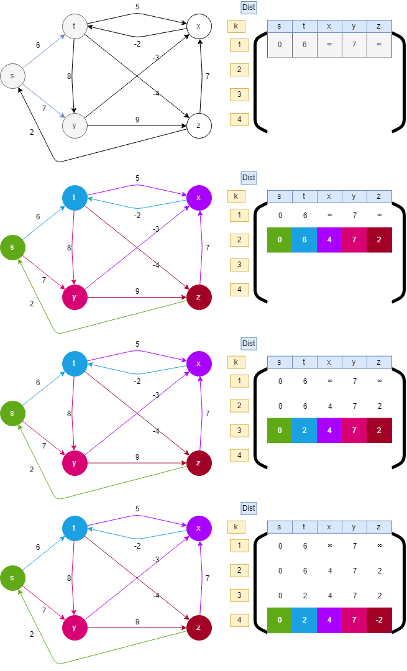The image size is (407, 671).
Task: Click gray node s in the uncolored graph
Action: coord(12,76)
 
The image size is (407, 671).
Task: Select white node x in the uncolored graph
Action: coord(199,26)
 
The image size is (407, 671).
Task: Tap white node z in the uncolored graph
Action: coord(199,126)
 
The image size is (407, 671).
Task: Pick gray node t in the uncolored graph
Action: coord(75,26)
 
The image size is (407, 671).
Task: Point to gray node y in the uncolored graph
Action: coord(75,126)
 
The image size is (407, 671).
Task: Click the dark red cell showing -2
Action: coord(379,620)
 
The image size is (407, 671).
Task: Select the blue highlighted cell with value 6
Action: coord(304,240)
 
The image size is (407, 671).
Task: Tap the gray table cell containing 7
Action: coord(354,45)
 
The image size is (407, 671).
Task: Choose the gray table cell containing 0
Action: coord(280,45)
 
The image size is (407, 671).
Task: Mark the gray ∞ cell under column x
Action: coord(329,45)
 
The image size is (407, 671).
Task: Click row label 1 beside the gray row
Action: coord(239,45)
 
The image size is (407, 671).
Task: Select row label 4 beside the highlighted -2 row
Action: coord(239,620)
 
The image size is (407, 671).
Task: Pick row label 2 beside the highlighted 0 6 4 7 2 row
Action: coord(239,240)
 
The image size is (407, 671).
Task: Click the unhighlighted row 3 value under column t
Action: coord(304,595)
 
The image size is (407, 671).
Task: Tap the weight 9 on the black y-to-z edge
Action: coord(137,119)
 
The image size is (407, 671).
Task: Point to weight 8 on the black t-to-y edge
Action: coord(68,76)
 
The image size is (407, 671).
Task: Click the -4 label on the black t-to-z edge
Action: coord(156,94)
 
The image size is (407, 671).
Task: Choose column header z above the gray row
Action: coord(379,26)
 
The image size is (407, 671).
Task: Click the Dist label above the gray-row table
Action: coord(249,7)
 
